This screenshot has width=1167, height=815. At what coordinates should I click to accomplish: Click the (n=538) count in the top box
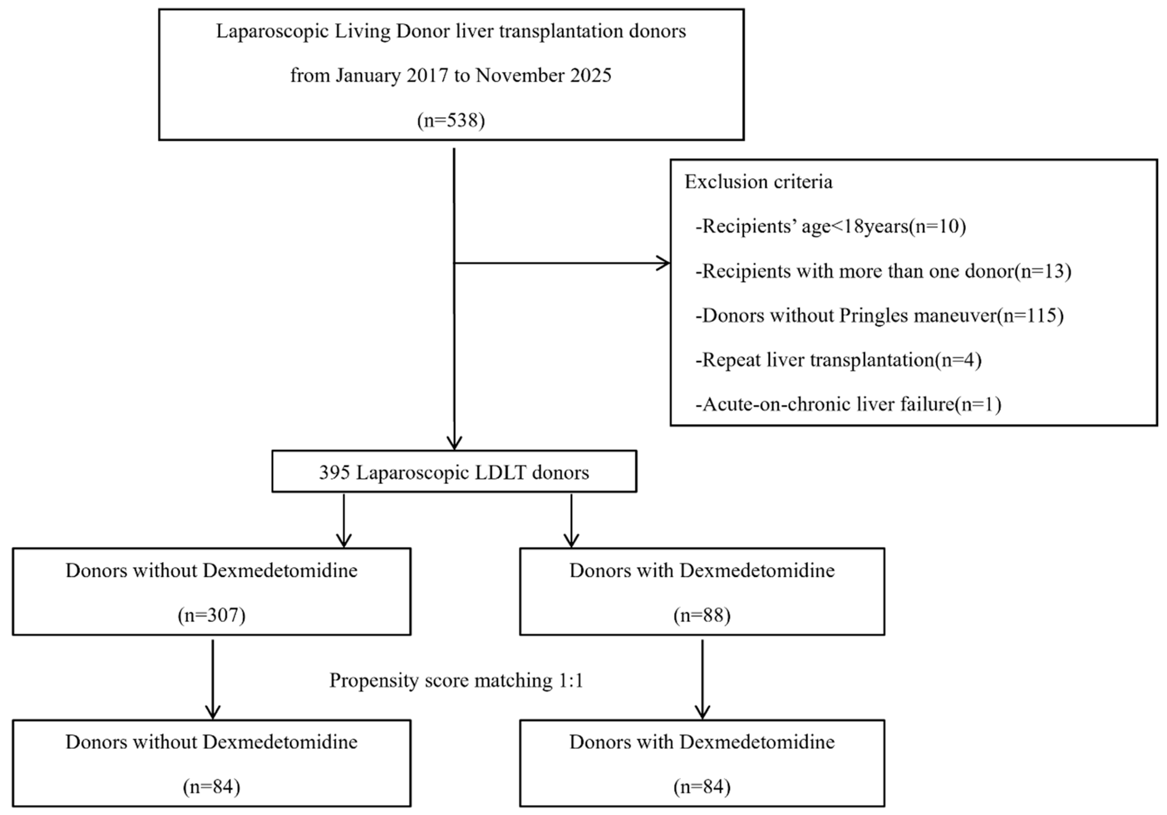click(x=451, y=120)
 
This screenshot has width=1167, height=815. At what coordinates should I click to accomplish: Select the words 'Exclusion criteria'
click(x=759, y=182)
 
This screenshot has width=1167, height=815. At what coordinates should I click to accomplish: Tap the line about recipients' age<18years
click(x=831, y=226)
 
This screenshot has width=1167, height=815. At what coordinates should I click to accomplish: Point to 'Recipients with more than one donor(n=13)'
click(x=883, y=271)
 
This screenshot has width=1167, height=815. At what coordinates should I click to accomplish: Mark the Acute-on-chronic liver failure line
click(x=848, y=404)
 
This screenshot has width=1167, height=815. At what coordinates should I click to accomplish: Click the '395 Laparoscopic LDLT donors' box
click(x=454, y=471)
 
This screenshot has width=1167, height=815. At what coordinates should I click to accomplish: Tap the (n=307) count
click(x=211, y=615)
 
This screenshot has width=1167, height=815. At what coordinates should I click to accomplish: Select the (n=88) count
click(x=702, y=615)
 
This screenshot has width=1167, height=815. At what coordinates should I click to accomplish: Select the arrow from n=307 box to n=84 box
click(x=212, y=679)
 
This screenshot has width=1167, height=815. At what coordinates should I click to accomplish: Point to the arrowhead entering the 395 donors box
click(x=454, y=443)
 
